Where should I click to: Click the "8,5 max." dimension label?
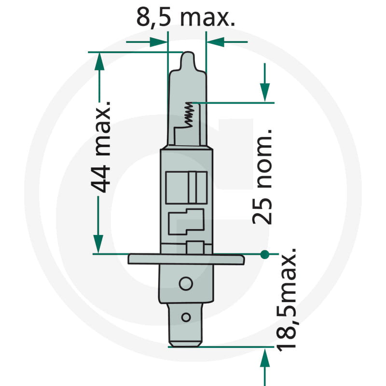click(x=186, y=17)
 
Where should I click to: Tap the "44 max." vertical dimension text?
click(x=101, y=147)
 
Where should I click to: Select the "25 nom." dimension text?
click(x=262, y=177)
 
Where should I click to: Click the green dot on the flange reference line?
click(x=264, y=254)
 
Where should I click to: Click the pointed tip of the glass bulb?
click(x=188, y=53)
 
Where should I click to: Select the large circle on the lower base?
click(x=186, y=284)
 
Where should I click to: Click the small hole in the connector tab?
click(x=186, y=317)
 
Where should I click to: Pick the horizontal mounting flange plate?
click(x=186, y=259)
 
